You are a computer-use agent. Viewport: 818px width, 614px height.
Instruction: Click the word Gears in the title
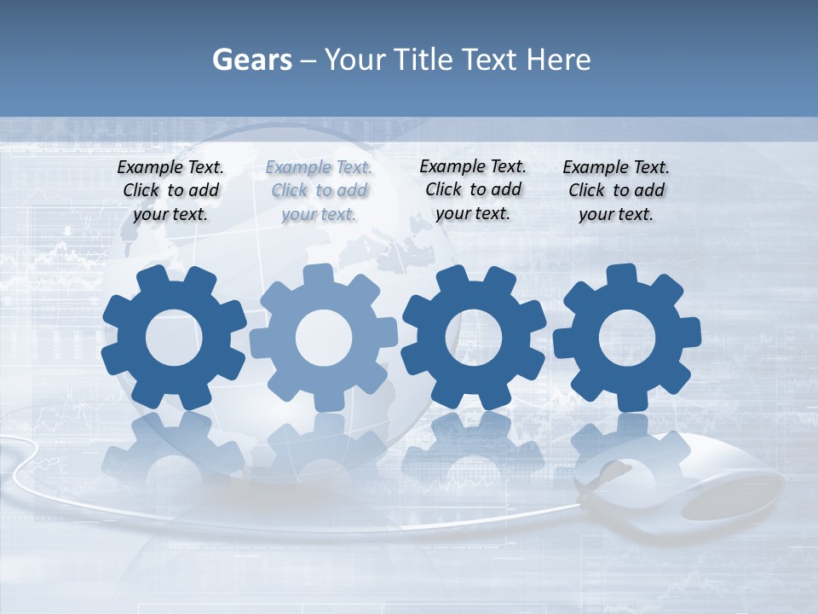251,60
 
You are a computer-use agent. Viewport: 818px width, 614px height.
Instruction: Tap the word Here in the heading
559,60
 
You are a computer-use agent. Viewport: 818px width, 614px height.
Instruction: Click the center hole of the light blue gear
324,338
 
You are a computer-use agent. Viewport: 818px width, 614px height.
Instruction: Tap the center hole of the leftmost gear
174,338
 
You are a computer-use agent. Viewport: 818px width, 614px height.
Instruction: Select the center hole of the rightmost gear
627,338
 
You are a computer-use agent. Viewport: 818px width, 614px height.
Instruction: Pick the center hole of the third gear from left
474,338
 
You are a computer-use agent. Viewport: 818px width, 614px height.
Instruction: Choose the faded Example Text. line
319,168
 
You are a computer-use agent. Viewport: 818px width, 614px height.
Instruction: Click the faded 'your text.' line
319,214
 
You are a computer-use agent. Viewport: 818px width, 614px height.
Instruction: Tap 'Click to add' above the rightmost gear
616,190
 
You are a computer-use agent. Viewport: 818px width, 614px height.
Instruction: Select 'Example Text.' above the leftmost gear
170,168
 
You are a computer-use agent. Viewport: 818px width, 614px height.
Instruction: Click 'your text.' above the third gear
473,213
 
